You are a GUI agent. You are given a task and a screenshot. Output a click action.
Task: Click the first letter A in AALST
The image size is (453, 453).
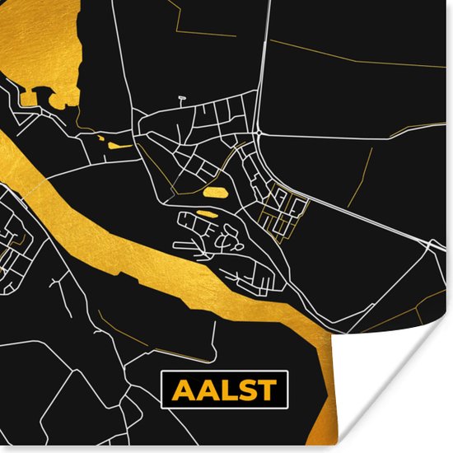pyautogui.click(x=178, y=390)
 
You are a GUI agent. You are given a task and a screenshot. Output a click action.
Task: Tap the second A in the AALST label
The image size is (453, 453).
pyautogui.click(x=200, y=390)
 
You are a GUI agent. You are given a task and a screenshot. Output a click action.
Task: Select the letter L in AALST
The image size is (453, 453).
pyautogui.click(x=221, y=390)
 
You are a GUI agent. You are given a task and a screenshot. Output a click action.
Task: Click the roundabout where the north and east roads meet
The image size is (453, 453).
pyautogui.click(x=258, y=133)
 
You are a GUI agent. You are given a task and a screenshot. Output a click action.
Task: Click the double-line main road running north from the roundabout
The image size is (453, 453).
pyautogui.click(x=261, y=66)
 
